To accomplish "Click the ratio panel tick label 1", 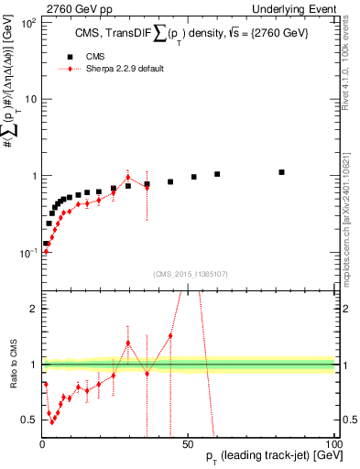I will pyautogui.click(x=33, y=365).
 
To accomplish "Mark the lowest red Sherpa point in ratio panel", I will pyautogui.click(x=53, y=422).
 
